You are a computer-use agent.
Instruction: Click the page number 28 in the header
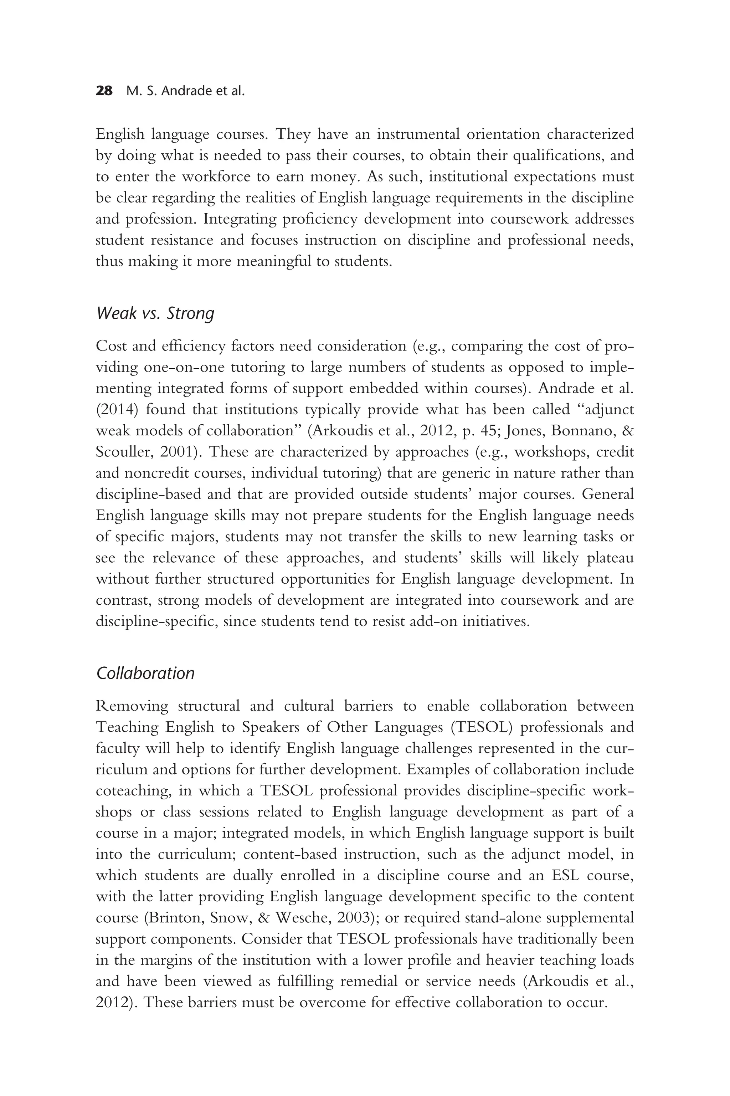tap(104, 91)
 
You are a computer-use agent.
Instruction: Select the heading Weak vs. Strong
tap(155, 313)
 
